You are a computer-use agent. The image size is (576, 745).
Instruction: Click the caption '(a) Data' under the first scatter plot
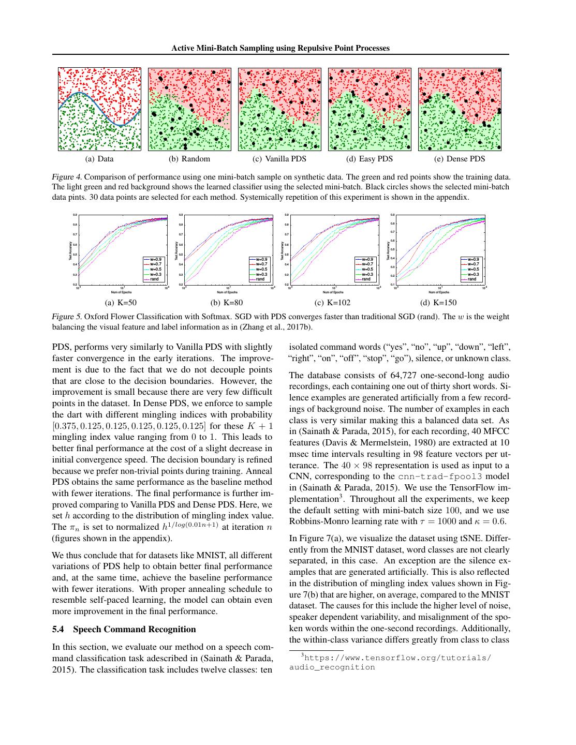click(99, 159)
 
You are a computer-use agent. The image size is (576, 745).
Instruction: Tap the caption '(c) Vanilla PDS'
click(279, 159)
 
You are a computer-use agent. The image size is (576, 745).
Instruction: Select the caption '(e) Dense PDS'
click(460, 159)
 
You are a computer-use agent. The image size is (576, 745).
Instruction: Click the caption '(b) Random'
click(189, 159)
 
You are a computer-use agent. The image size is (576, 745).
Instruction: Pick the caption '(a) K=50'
click(121, 303)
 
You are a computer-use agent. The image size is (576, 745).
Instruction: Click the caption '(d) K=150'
click(439, 303)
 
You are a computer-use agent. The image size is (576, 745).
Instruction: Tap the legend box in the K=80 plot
click(259, 269)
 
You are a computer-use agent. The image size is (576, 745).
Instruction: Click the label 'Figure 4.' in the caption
click(66, 177)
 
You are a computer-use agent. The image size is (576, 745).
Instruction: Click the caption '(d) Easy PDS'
click(370, 159)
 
